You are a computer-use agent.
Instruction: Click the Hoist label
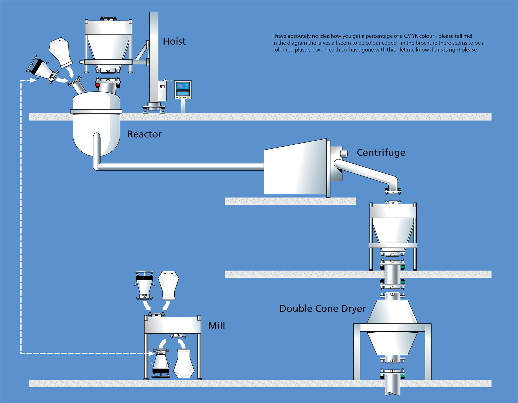tap(174, 41)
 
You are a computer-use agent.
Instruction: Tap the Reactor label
tap(144, 134)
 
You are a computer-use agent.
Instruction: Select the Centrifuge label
tap(381, 153)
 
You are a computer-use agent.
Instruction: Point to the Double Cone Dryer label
tap(322, 308)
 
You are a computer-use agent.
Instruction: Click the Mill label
tap(216, 326)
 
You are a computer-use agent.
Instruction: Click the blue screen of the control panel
tap(183, 86)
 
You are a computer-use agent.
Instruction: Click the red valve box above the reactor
tap(97, 85)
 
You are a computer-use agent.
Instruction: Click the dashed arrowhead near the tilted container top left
tap(33, 80)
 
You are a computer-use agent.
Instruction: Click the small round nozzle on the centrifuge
tap(344, 154)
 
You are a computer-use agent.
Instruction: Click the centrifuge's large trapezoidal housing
tap(295, 169)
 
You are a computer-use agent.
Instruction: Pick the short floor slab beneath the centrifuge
tap(290, 201)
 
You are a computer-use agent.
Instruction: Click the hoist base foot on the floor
tap(154, 109)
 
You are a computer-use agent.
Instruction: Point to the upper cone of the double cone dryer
tap(392, 312)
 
